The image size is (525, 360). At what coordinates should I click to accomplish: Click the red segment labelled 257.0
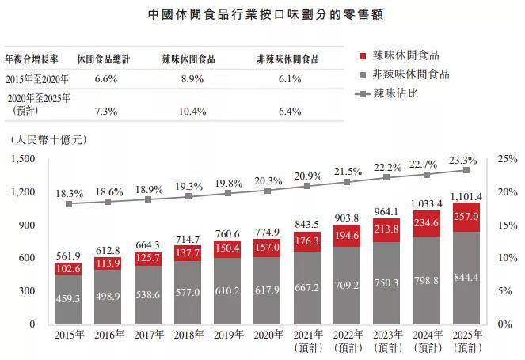click(x=466, y=217)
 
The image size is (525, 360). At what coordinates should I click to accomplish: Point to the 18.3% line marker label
click(x=68, y=192)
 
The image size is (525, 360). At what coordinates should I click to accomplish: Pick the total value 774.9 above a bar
click(x=268, y=233)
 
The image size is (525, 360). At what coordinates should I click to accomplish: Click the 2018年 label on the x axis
click(x=188, y=335)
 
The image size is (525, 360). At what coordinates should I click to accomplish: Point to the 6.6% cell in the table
click(x=105, y=79)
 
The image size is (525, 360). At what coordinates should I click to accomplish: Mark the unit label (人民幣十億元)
click(x=48, y=139)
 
